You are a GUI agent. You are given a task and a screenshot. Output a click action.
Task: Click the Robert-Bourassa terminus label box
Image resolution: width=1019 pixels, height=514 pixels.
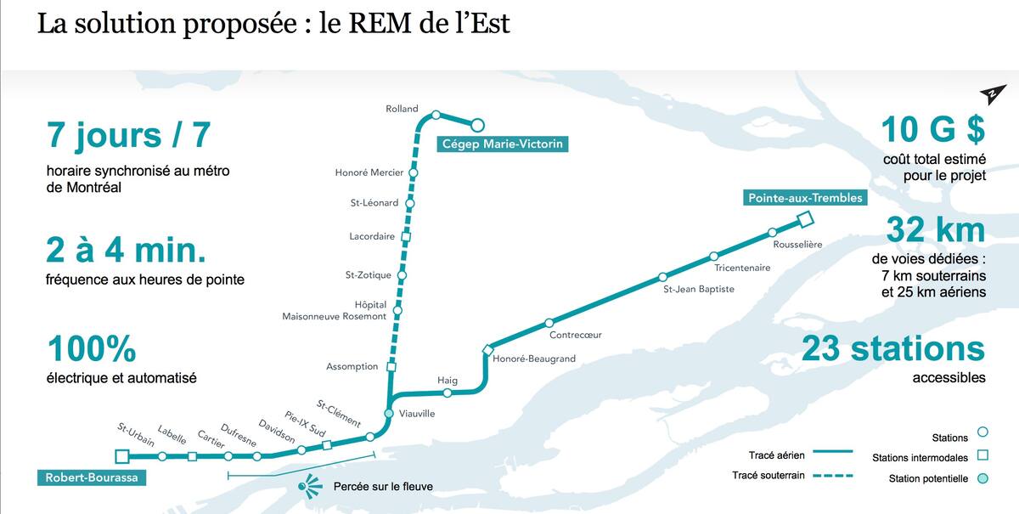point(89,477)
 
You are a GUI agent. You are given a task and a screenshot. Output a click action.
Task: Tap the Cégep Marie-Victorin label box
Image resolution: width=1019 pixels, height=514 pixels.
point(502,144)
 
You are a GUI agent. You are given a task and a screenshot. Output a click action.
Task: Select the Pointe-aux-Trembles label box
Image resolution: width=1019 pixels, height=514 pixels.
point(805,198)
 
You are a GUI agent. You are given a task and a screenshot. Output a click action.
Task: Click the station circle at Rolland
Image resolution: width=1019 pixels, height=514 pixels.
point(436,115)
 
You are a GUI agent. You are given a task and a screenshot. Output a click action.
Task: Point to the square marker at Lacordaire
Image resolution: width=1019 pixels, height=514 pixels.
point(406,236)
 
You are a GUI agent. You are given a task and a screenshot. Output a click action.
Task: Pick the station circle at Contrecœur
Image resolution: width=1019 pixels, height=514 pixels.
point(549,323)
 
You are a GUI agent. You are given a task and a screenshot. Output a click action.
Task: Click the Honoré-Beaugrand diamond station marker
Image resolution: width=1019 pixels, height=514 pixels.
point(487,349)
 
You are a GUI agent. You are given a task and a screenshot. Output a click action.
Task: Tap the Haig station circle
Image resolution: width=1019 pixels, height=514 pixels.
point(448,393)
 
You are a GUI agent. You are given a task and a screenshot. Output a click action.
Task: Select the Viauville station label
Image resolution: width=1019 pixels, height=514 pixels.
point(417,414)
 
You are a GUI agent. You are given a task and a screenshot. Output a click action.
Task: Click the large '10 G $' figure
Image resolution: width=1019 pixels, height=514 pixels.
point(932,130)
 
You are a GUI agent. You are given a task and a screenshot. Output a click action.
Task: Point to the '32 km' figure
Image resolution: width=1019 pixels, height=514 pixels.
point(935,230)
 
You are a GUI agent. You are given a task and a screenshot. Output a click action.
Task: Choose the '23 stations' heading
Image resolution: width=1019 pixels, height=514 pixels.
point(893,348)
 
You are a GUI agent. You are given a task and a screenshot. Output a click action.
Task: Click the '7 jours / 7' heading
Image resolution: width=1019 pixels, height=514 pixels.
point(128,135)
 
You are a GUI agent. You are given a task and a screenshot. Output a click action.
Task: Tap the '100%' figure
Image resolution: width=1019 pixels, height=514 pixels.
point(92,348)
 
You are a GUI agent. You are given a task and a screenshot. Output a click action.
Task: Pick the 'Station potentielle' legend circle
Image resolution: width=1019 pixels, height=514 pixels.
point(982,479)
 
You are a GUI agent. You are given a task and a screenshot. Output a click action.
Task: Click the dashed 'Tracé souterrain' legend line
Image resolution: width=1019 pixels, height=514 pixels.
point(832,476)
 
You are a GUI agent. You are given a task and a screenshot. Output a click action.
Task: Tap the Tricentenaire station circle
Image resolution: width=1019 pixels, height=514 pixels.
point(714,256)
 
